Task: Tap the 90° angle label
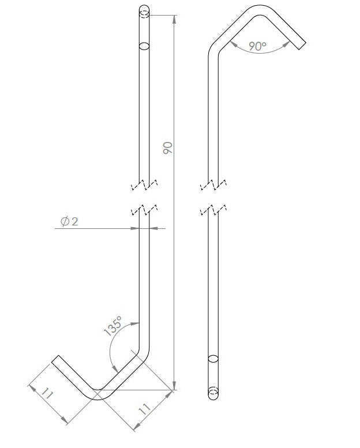click(258, 47)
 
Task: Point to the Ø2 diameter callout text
click(69, 221)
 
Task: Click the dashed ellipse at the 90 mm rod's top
click(144, 11)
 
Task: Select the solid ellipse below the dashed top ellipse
click(144, 46)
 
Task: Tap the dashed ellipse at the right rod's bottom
click(213, 392)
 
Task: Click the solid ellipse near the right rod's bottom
click(213, 359)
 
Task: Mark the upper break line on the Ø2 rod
click(144, 186)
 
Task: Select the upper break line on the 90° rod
click(213, 186)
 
